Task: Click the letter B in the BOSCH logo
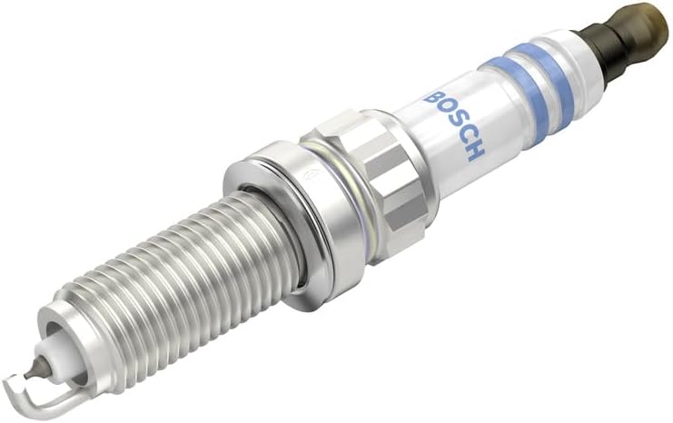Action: pyautogui.click(x=432, y=97)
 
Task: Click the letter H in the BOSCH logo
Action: pyautogui.click(x=475, y=150)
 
